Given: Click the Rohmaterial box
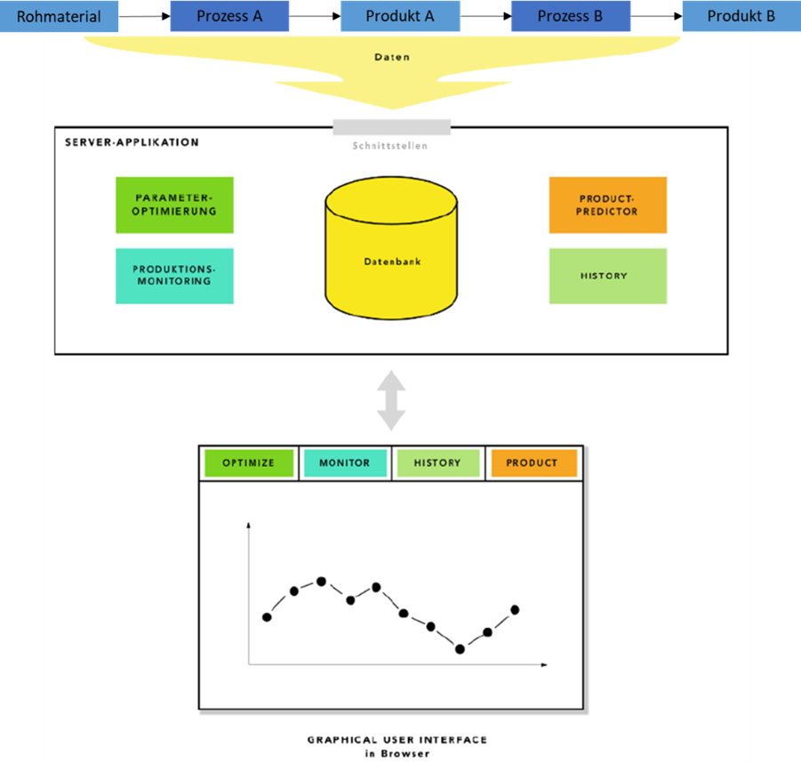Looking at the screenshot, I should click(x=59, y=16).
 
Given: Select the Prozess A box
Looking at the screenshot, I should click(x=229, y=16).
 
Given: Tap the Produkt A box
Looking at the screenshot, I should click(x=400, y=16).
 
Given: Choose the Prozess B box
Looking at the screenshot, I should click(x=570, y=16).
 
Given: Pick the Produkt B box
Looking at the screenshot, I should click(x=741, y=16).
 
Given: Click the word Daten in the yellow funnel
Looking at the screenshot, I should click(x=392, y=58).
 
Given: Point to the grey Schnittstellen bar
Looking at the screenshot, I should click(x=391, y=128).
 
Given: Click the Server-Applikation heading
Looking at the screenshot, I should click(x=132, y=142).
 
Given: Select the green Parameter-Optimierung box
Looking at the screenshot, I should click(x=174, y=205).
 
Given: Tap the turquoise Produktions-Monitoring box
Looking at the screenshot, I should click(x=174, y=276).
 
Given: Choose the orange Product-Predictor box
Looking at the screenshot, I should click(x=607, y=205).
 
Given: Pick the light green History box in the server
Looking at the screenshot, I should click(x=607, y=276).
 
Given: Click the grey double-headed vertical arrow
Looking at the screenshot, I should click(x=391, y=400).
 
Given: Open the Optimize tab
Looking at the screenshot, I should click(x=248, y=462).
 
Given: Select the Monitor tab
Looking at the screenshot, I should click(x=345, y=462).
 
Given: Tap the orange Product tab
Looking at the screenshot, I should click(x=532, y=462).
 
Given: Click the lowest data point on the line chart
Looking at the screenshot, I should click(x=461, y=649).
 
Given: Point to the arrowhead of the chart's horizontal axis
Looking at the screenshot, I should click(x=544, y=664).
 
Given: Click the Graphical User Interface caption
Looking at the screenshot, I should click(x=396, y=740).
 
